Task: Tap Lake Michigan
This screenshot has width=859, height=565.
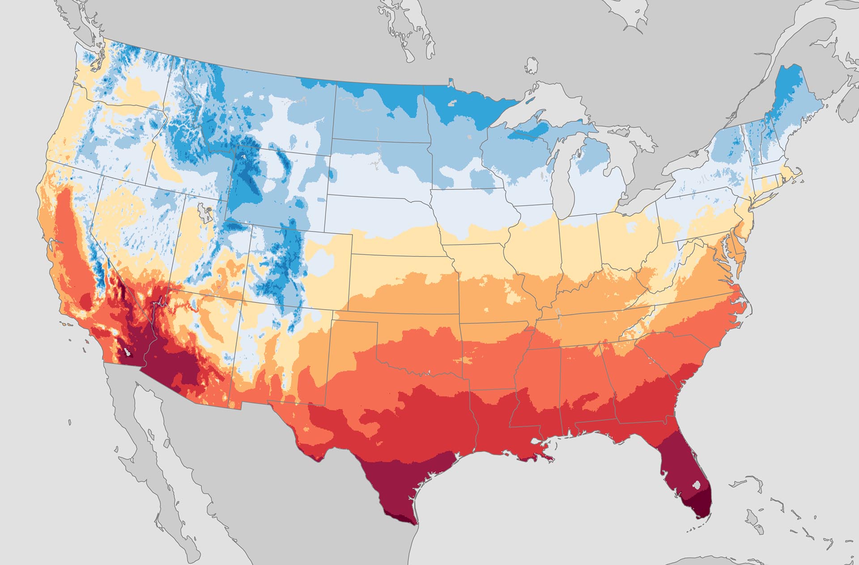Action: pos(567,179)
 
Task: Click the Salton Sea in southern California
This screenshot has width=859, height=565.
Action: pos(128,352)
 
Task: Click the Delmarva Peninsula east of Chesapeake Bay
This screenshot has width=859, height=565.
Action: pos(741,251)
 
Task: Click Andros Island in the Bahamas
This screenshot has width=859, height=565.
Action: pos(756,524)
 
